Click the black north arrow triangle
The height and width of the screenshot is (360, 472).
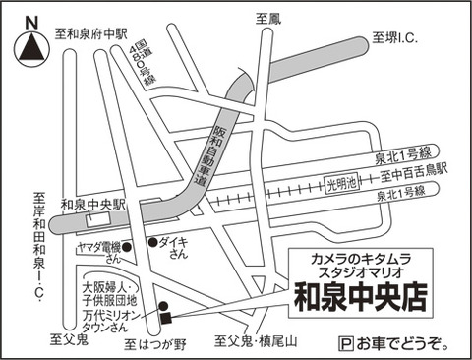[x=31, y=47]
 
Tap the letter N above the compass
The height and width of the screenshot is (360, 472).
[x=31, y=23]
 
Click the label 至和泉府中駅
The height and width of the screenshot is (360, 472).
[x=90, y=33]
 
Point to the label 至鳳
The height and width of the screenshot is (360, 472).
[x=268, y=19]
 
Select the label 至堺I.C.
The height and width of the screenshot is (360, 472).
[x=394, y=38]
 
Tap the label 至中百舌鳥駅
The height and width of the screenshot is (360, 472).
[x=414, y=173]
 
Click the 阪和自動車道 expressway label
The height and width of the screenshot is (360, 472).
[x=206, y=154]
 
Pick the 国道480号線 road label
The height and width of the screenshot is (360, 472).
[x=144, y=67]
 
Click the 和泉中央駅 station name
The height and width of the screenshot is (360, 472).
[x=93, y=205]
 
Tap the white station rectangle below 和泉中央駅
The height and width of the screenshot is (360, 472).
[x=97, y=218]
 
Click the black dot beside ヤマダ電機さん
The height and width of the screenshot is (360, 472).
[x=127, y=247]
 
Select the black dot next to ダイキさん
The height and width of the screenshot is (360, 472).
[x=152, y=242]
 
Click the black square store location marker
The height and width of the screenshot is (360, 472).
[x=165, y=318]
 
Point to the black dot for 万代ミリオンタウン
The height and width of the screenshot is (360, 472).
[x=163, y=306]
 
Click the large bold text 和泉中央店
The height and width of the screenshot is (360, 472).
[x=361, y=297]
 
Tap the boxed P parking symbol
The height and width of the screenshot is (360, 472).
[x=346, y=344]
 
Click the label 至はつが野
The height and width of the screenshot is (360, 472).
[x=155, y=344]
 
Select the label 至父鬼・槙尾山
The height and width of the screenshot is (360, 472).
[x=256, y=341]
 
